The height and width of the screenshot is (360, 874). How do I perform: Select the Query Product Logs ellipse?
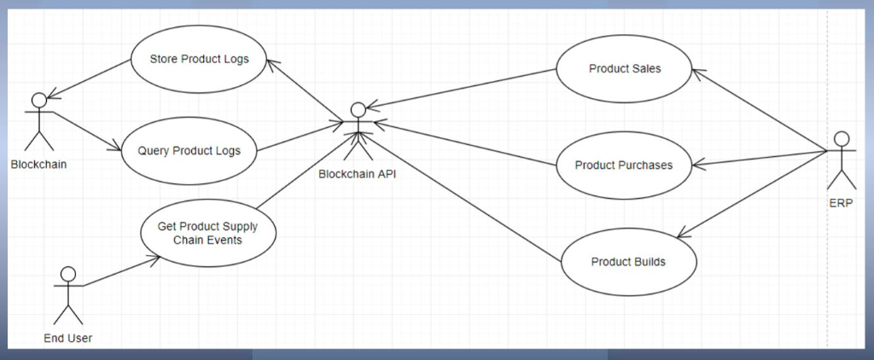click(189, 151)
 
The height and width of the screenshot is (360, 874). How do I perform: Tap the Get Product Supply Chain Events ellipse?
click(207, 233)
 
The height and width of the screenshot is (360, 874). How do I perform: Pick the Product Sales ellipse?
click(625, 69)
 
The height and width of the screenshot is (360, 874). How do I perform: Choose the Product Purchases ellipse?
click(623, 165)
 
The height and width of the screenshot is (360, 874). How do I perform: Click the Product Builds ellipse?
click(628, 261)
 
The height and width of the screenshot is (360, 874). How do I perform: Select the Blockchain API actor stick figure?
click(358, 132)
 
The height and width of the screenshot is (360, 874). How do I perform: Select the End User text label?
click(67, 339)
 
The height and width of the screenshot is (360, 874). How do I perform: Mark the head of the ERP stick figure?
click(841, 139)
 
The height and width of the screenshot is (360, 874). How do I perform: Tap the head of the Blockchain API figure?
click(358, 109)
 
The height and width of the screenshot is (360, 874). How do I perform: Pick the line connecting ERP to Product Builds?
click(751, 193)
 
